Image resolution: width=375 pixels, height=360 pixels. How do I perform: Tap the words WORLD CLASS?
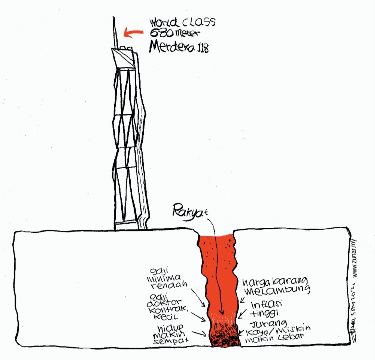pos(183,23)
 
